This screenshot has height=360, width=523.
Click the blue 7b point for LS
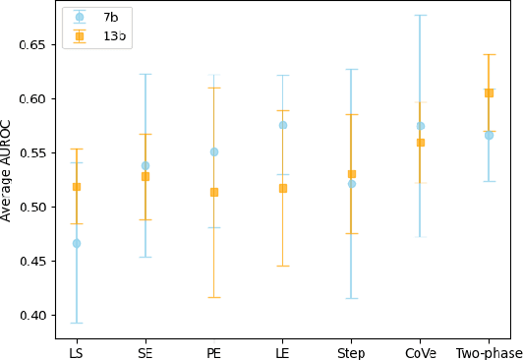pyautogui.click(x=77, y=243)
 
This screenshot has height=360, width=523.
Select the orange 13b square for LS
pyautogui.click(x=77, y=187)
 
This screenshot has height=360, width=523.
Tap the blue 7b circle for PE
pyautogui.click(x=214, y=151)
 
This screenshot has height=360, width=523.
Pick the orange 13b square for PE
pyautogui.click(x=214, y=192)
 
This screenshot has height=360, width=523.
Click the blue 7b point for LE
pyautogui.click(x=283, y=125)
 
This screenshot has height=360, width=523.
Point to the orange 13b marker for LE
pyautogui.click(x=283, y=188)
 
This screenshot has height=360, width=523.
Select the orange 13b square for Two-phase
pyautogui.click(x=489, y=92)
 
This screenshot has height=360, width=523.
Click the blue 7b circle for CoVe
pyautogui.click(x=421, y=126)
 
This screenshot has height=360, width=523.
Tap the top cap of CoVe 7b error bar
pyautogui.click(x=421, y=15)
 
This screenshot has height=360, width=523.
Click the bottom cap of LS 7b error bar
pyautogui.click(x=77, y=323)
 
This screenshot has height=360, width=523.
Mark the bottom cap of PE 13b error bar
pyautogui.click(x=214, y=297)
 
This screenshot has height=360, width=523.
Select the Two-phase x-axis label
pyautogui.click(x=489, y=352)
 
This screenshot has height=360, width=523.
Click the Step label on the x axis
pyautogui.click(x=351, y=352)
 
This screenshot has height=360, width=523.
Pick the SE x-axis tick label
pyautogui.click(x=145, y=352)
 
